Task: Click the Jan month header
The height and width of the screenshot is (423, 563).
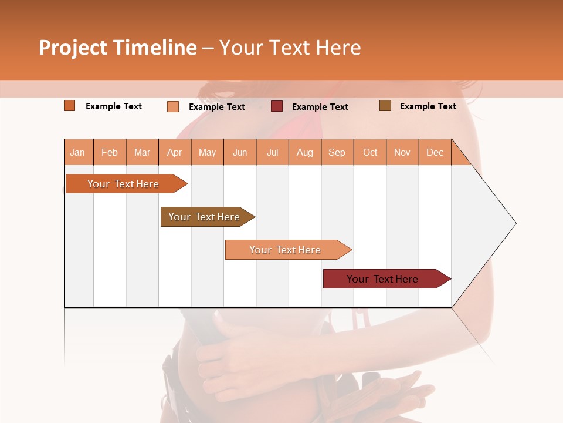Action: (77, 153)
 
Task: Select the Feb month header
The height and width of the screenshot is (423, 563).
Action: (110, 153)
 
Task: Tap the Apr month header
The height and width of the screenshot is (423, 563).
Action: (175, 153)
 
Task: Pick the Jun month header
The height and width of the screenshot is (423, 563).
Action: (240, 153)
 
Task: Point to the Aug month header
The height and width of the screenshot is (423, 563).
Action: (305, 153)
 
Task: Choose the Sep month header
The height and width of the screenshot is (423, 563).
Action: (337, 153)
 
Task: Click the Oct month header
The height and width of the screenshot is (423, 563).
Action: (370, 153)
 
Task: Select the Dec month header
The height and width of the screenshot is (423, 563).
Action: (435, 153)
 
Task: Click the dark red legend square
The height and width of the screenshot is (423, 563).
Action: (277, 106)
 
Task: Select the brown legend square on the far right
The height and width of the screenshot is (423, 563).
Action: (385, 106)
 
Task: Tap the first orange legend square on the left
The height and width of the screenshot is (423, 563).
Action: (70, 106)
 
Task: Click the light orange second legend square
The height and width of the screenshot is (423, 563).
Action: (173, 106)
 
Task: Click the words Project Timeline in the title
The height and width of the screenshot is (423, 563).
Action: (118, 48)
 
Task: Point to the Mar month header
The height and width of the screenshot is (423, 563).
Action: (142, 153)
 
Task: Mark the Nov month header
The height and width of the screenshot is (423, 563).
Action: (402, 153)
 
